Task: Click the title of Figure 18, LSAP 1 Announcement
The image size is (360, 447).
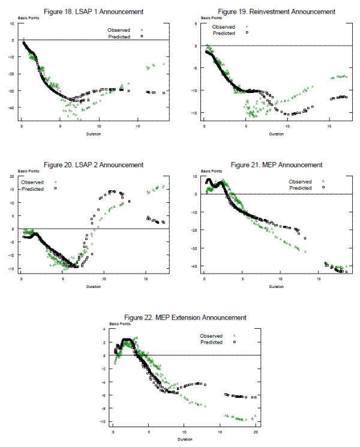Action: [97, 12]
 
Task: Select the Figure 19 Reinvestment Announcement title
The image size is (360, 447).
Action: [277, 12]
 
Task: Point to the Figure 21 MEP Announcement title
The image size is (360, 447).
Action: [277, 165]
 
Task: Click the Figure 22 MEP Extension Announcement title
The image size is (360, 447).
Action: [185, 317]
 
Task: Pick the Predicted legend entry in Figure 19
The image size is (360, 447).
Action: [224, 34]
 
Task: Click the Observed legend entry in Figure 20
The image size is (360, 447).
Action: [33, 182]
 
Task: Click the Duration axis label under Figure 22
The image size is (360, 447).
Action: [184, 439]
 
